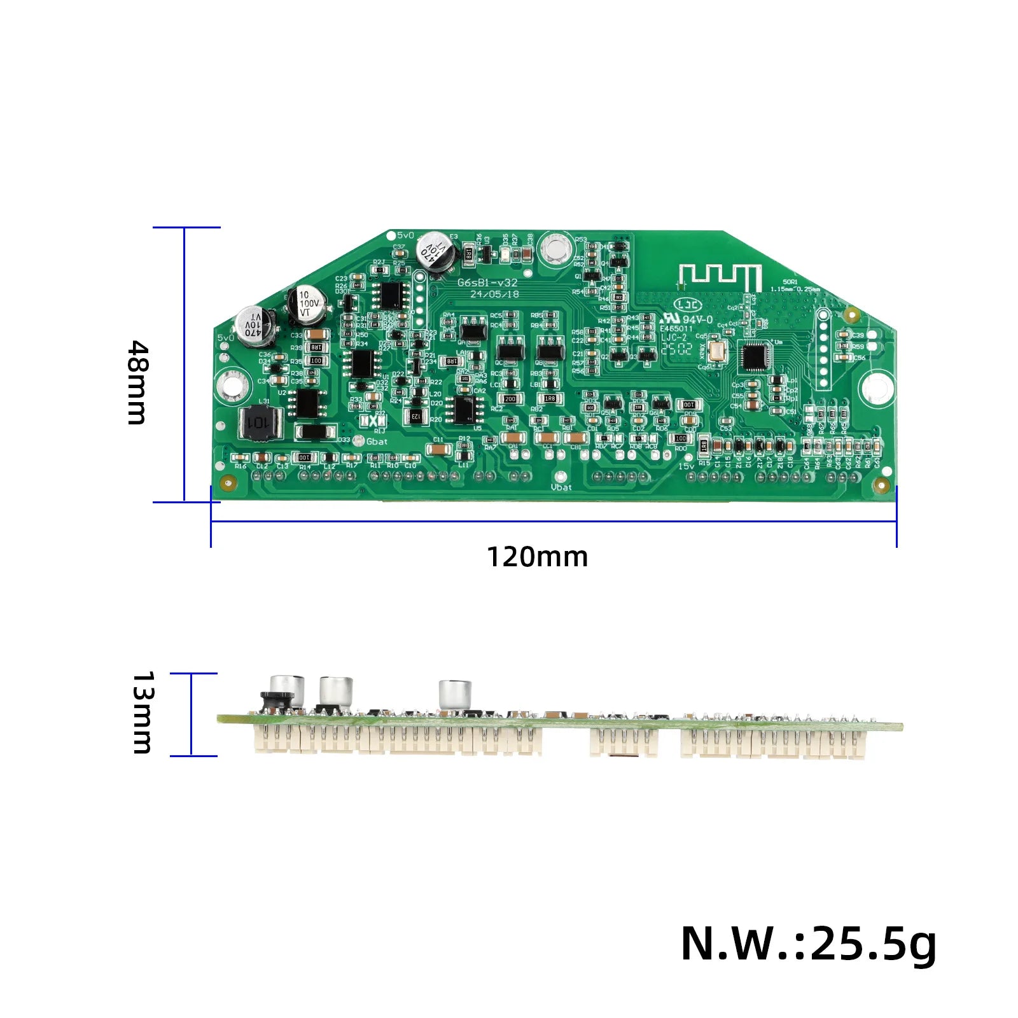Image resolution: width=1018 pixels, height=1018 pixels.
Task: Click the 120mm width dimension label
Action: coord(538,557)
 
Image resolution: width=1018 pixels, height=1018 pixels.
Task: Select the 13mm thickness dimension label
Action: coord(142,713)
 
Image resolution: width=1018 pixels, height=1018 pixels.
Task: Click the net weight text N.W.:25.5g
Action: coord(808,944)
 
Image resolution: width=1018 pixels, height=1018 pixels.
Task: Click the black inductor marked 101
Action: coord(260,422)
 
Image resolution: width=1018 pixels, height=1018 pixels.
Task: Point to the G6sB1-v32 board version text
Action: coord(488,282)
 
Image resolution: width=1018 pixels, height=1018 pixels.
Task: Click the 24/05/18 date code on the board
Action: coord(494,295)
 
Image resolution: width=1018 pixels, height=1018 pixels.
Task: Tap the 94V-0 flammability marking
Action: coord(697,319)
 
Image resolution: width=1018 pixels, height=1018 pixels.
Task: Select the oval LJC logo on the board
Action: coord(689,306)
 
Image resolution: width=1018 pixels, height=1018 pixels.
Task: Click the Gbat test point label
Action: coord(377,442)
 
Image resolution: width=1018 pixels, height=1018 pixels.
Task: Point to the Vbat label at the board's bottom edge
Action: coord(561,487)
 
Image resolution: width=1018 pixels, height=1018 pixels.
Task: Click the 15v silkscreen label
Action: coord(686,466)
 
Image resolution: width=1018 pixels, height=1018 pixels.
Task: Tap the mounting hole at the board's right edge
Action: coord(876,387)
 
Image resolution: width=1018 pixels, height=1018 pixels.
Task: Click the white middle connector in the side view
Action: coord(624,743)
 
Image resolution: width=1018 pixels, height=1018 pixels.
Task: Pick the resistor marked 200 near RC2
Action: coord(510,399)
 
